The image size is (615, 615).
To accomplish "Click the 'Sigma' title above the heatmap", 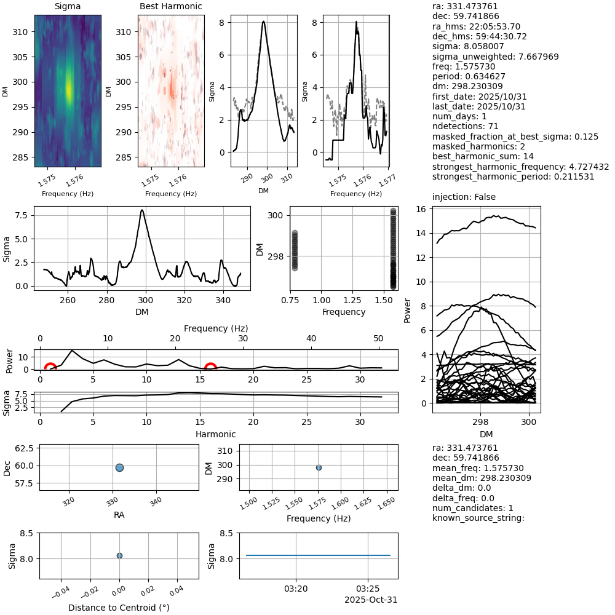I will coord(68,7).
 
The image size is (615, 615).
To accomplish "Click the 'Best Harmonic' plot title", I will coord(171,7).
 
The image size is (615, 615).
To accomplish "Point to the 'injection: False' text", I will coord(464,197).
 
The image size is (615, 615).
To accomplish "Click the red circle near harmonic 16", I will coord(210,368).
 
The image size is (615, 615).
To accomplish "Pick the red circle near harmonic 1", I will coord(50,368).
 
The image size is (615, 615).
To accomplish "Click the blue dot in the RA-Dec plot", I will coord(119,467).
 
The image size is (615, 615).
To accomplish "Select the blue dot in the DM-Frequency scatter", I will coord(319,467).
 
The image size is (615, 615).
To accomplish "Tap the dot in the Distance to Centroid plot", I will coord(119,555).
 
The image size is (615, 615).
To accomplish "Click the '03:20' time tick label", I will coord(296,589).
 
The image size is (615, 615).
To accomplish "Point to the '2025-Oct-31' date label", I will coord(367,600).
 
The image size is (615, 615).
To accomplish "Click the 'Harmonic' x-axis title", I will coord(215,434).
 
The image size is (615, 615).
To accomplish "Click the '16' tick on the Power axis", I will coord(421,209).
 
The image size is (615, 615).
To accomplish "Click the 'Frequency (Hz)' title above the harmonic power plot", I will coord(215,328).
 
